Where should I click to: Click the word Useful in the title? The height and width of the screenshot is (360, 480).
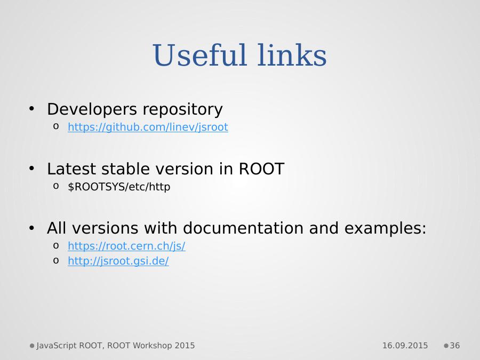click(x=199, y=55)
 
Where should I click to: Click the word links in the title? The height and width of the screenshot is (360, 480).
click(x=292, y=55)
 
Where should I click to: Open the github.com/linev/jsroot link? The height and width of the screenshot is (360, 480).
click(x=148, y=127)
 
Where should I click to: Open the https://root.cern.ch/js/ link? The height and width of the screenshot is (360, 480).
click(x=126, y=246)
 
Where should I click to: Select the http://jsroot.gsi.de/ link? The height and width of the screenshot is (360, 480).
click(x=118, y=261)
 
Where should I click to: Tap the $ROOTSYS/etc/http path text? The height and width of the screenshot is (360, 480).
click(x=119, y=187)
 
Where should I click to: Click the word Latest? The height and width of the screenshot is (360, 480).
click(x=71, y=169)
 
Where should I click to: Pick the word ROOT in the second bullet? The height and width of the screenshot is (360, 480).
click(x=261, y=169)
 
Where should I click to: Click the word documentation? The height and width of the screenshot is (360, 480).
click(x=243, y=228)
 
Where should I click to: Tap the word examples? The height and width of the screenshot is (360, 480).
click(x=385, y=229)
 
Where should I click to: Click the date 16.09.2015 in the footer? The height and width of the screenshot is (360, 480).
click(x=405, y=345)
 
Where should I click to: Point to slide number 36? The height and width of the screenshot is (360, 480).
click(x=454, y=345)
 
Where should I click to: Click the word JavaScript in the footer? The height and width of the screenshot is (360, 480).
click(x=57, y=346)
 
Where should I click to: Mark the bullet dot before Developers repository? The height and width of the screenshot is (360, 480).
click(x=31, y=108)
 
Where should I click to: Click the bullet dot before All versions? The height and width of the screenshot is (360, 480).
click(x=31, y=228)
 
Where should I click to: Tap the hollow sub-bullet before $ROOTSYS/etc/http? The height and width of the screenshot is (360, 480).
click(x=55, y=186)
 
